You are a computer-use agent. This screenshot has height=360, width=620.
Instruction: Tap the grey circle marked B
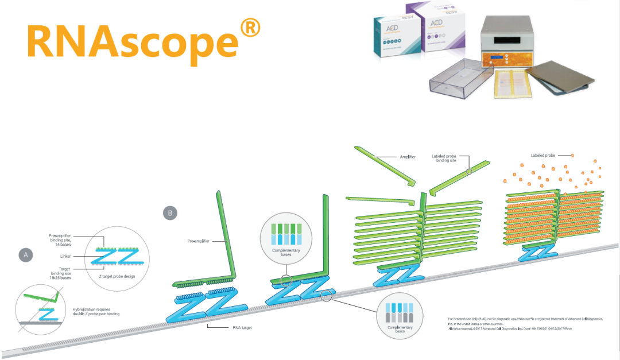click(170, 213)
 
